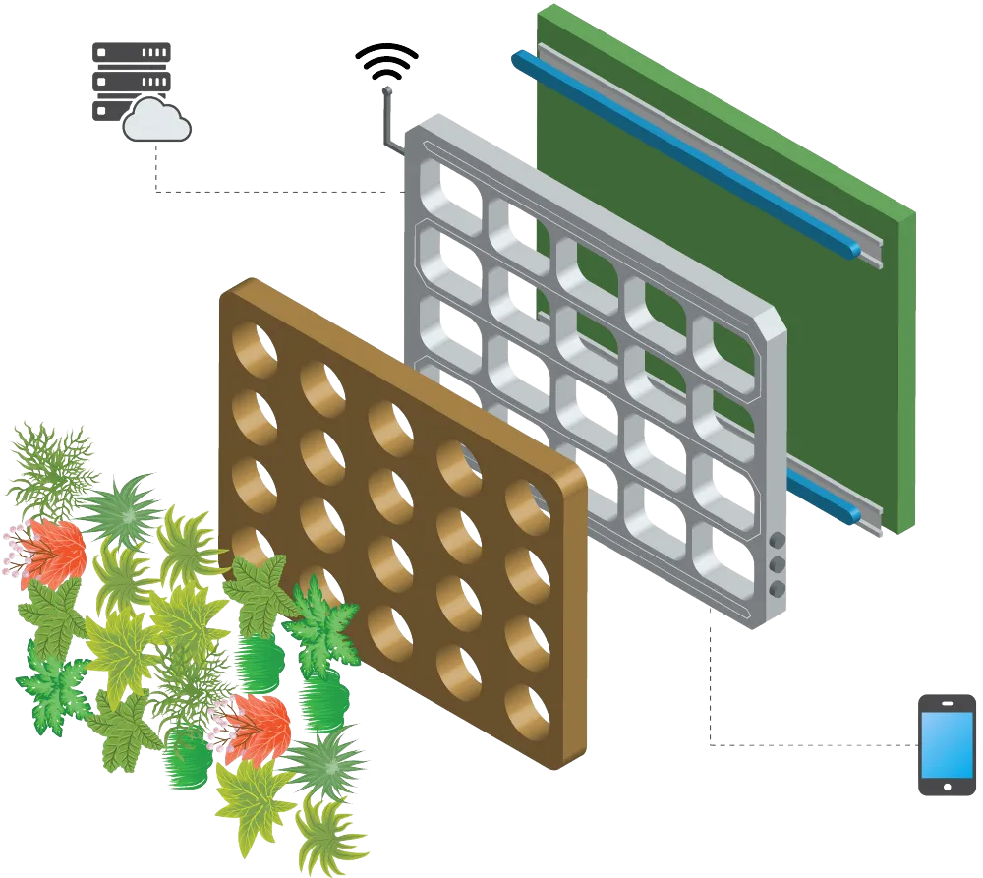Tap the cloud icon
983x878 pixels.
point(155,122)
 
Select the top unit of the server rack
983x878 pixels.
point(131,53)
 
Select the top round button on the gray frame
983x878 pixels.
point(777,541)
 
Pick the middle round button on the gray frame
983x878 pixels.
point(777,564)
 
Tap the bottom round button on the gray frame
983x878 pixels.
point(777,588)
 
